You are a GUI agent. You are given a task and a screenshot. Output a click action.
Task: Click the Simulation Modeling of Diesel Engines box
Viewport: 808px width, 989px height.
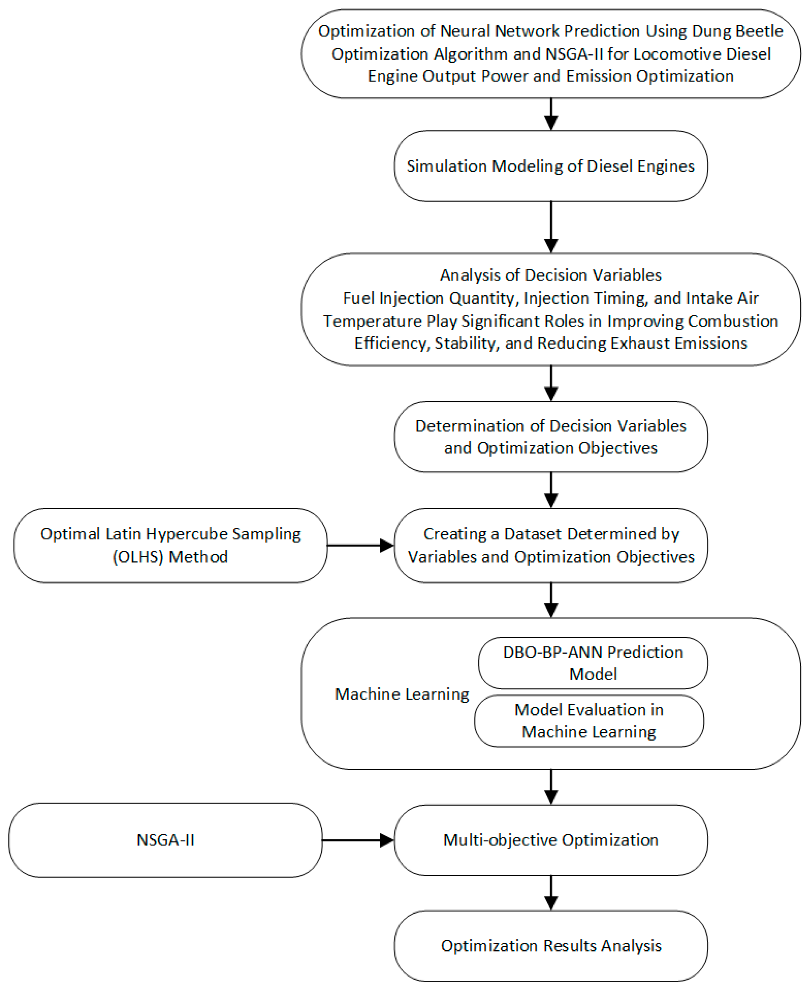(x=551, y=166)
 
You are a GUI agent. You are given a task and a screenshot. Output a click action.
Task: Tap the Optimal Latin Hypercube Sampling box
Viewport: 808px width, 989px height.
(x=170, y=545)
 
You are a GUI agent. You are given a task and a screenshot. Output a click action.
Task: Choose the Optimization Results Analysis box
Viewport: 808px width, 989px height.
(x=551, y=946)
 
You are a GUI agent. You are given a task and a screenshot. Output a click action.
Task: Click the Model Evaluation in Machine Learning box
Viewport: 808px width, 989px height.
(x=589, y=721)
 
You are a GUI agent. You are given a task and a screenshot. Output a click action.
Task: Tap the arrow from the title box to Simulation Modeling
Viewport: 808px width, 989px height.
(x=551, y=114)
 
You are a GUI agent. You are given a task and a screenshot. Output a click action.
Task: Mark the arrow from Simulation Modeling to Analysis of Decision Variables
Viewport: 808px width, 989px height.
(x=551, y=227)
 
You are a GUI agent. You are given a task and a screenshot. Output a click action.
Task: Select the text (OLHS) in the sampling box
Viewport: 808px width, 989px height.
(x=138, y=557)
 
